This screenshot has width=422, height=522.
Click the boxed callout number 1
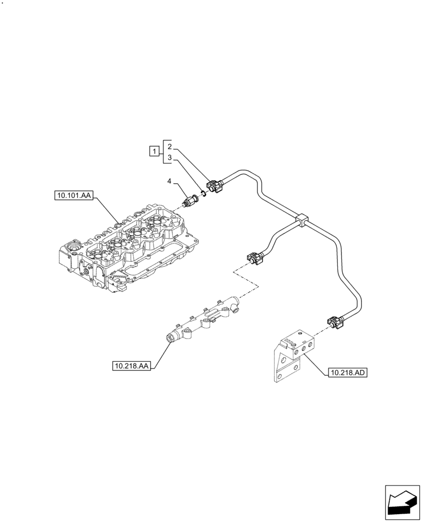154,151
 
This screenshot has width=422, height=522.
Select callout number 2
170,147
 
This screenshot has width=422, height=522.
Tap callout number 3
170,157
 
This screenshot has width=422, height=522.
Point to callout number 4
169,181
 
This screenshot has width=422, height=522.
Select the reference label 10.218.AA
131,366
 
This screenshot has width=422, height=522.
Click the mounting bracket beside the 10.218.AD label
292,355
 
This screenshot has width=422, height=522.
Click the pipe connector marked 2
216,187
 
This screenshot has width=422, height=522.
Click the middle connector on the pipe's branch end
254,258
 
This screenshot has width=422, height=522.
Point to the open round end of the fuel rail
171,340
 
